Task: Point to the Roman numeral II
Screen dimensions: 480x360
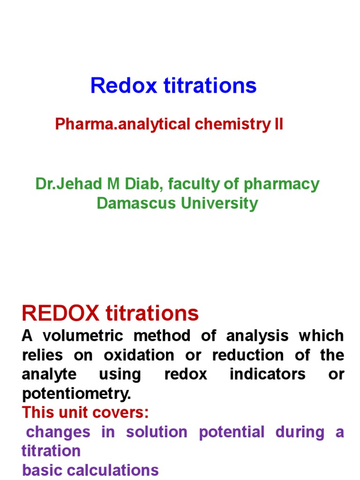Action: (278, 125)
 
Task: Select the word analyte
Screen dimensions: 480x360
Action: (46, 375)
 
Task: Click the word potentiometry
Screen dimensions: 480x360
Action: (76, 394)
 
